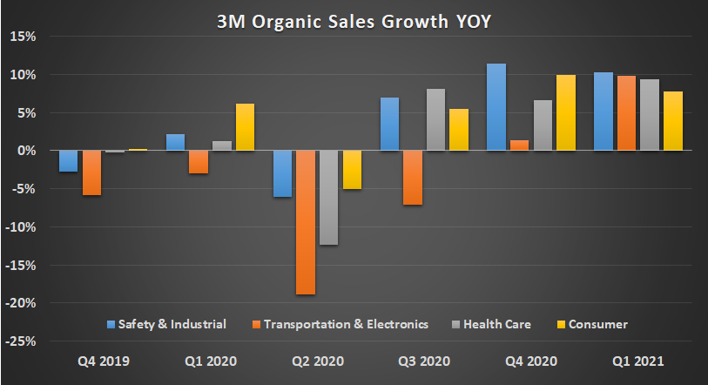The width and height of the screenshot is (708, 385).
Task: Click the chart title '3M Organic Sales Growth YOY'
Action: tap(354, 21)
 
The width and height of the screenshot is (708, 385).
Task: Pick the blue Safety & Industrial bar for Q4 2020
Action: tap(496, 107)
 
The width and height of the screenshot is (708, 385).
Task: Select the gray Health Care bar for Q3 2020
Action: tap(435, 120)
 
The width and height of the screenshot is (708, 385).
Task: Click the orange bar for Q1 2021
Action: tap(624, 113)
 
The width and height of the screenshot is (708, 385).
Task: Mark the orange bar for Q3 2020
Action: tap(412, 178)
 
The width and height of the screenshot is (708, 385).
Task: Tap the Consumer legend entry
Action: tap(591, 324)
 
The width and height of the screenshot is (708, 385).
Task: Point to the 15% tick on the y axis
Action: tap(23, 37)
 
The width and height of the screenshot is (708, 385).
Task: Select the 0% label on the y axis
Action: tap(25, 151)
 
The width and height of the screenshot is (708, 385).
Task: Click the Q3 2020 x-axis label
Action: tap(424, 361)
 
